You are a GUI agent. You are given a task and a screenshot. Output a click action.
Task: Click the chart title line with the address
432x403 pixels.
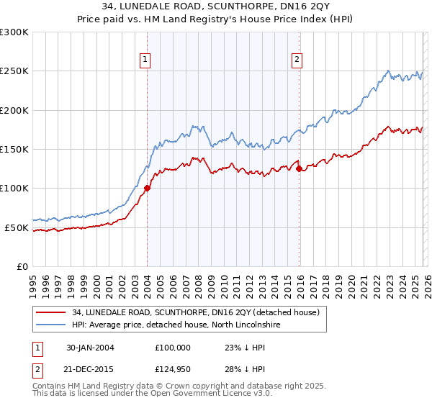coord(216,6)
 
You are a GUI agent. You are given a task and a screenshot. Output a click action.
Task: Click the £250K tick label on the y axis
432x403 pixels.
coord(14,71)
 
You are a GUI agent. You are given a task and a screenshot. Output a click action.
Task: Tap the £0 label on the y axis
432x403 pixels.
coord(23,267)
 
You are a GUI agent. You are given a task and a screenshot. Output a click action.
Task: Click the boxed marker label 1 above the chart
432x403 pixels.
coord(146,60)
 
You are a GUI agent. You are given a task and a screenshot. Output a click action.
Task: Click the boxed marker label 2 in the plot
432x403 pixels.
coord(297,60)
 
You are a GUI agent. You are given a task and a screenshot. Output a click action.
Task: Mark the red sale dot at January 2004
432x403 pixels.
coord(147,189)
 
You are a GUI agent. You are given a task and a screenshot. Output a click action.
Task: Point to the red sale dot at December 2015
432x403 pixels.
coord(299,169)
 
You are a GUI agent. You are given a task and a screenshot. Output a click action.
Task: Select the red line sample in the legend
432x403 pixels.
coord(50,312)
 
